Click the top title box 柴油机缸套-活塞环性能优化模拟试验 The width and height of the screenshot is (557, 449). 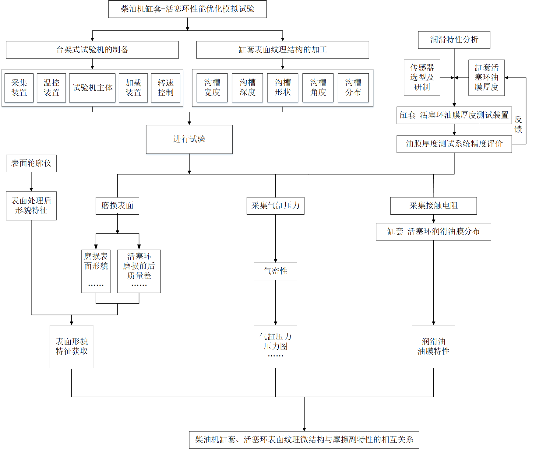(x=187, y=9)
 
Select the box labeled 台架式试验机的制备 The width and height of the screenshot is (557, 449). (x=92, y=50)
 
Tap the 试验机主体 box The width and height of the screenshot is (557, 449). (x=92, y=88)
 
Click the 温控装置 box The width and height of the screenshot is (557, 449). (x=51, y=88)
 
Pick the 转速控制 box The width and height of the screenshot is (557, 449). (x=165, y=88)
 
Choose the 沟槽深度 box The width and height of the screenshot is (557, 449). (x=247, y=88)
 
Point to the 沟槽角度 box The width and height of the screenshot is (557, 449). (x=318, y=88)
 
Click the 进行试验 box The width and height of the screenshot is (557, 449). (x=189, y=139)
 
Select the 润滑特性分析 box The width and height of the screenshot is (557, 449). (x=454, y=40)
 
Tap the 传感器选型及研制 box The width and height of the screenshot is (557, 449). (x=422, y=78)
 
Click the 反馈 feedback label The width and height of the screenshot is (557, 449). (x=518, y=124)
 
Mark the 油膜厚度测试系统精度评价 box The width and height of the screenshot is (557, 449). (x=454, y=144)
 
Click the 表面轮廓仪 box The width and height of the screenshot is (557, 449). (x=31, y=163)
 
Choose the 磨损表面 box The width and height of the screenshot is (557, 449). (x=117, y=206)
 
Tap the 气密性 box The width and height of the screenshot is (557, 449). (x=275, y=271)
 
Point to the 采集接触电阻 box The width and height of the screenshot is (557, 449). (x=433, y=206)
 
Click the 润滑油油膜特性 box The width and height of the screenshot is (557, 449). (x=433, y=346)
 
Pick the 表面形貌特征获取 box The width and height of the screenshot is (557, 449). (x=72, y=346)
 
